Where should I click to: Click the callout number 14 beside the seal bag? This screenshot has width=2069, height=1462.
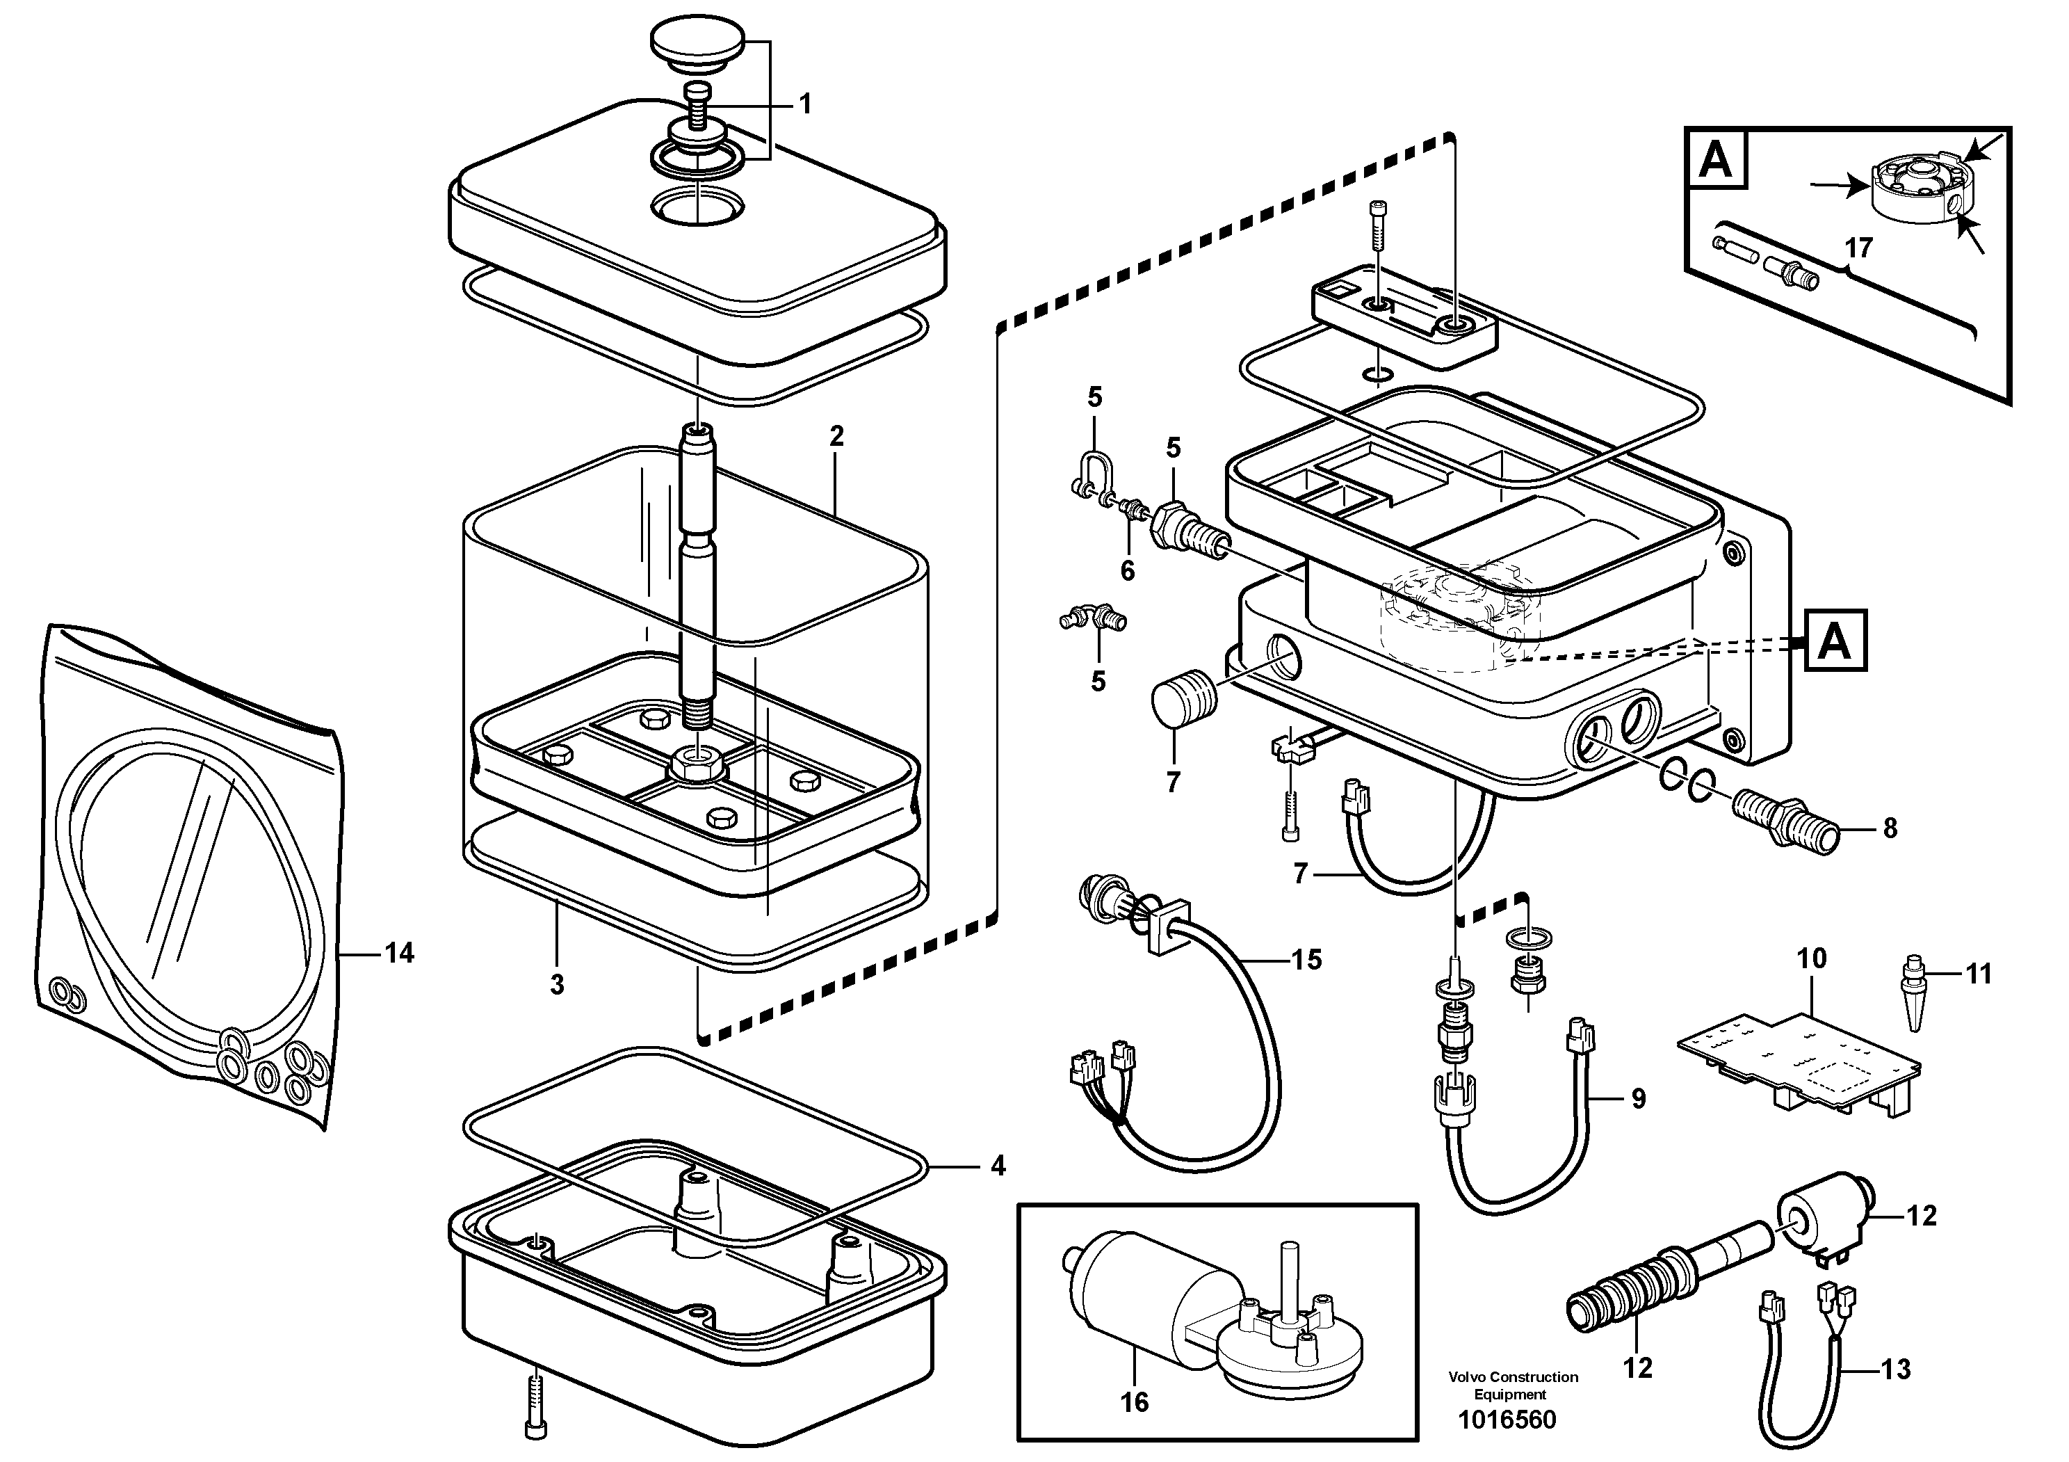coord(399,953)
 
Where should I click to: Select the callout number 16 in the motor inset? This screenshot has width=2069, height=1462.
coord(1135,1401)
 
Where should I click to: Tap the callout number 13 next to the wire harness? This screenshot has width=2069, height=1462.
coord(1896,1370)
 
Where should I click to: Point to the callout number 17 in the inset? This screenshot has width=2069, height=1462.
coord(1859,247)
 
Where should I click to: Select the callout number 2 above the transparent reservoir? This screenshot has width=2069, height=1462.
coord(836,436)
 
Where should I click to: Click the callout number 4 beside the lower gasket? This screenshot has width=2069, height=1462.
coord(997,1166)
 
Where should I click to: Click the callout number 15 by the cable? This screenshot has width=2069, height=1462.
coord(1306,960)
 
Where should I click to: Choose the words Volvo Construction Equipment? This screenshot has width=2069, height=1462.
coord(1513,1385)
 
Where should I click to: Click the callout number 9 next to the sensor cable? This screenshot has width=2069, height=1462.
coord(1638,1099)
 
